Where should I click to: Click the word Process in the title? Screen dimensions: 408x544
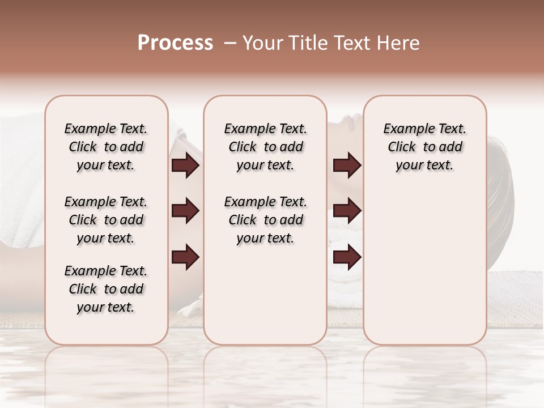[x=175, y=43]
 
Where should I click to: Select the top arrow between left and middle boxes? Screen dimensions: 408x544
[x=185, y=165]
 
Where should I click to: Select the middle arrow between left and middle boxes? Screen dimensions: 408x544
[x=185, y=211]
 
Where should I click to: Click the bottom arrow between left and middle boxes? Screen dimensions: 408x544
[x=185, y=257]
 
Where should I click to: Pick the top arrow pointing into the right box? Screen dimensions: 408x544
[x=347, y=165]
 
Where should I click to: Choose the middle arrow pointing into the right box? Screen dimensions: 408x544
[x=347, y=211]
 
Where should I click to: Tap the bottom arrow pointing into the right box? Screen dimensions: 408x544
[x=347, y=257]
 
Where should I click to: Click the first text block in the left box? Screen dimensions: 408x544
[x=106, y=147]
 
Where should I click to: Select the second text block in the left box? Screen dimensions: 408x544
[x=106, y=220]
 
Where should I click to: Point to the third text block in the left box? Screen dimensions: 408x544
[x=106, y=289]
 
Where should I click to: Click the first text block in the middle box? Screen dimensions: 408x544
[x=265, y=147]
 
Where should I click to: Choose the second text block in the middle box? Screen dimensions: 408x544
[x=265, y=220]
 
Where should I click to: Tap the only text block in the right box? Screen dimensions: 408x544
[x=424, y=147]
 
